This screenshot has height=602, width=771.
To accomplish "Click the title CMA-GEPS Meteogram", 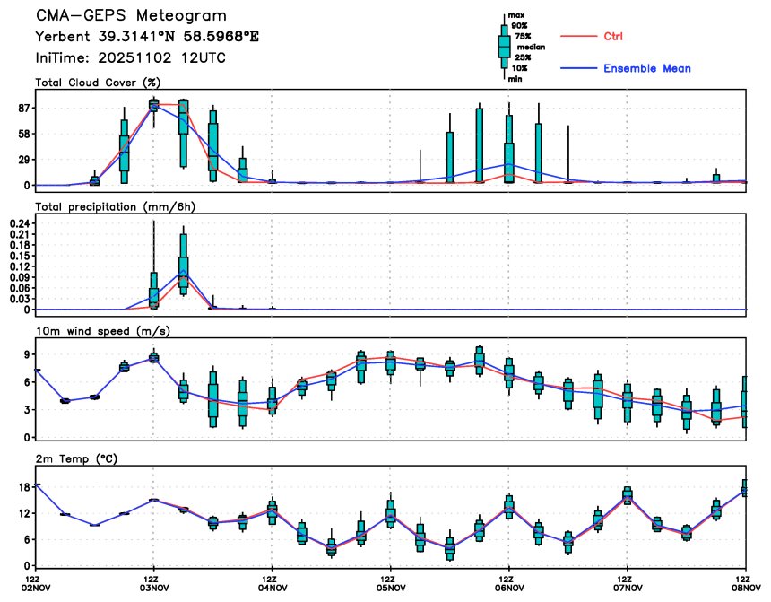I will coord(131,16).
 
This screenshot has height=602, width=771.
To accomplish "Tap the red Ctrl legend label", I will coord(613,36).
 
